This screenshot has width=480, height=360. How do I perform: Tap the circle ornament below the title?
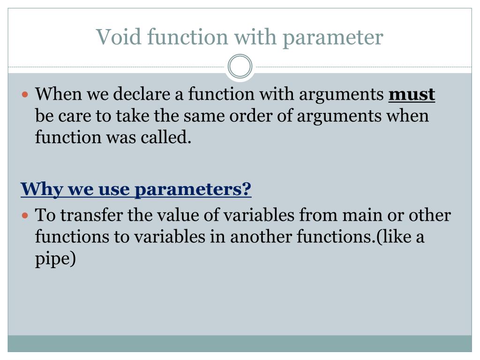point(240,67)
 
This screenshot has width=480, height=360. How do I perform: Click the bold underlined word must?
point(412,95)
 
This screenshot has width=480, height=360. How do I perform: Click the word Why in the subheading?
point(37,190)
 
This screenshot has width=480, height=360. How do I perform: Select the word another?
point(261,237)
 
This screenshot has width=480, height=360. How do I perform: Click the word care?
point(75,116)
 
